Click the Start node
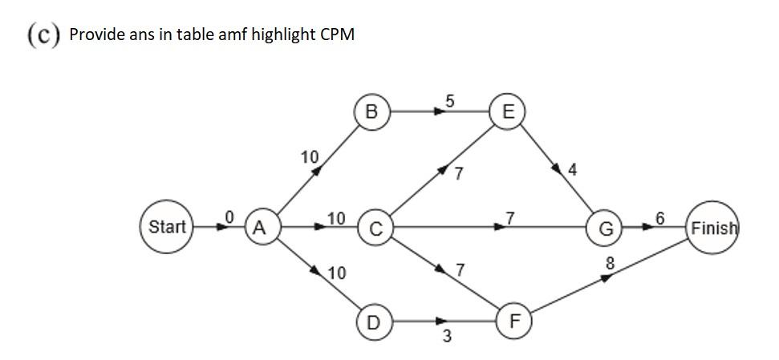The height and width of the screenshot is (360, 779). pos(167,227)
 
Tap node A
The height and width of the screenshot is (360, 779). pos(259,228)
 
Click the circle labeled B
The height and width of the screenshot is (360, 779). pos(371,112)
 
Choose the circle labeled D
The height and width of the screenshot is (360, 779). pos(373,322)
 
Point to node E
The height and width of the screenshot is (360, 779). pos(507,112)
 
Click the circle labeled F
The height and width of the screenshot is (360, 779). pos(515,322)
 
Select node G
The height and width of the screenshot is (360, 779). pos(607,229)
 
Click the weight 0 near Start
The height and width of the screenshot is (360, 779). pos(229,216)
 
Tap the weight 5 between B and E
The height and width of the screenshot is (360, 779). pos(449,101)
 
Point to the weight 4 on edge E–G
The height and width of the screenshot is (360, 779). pos(571,170)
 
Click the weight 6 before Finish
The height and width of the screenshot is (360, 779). pos(659,218)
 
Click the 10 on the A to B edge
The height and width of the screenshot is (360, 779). pos(310,156)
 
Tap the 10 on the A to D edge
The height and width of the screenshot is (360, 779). pos(337,273)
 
